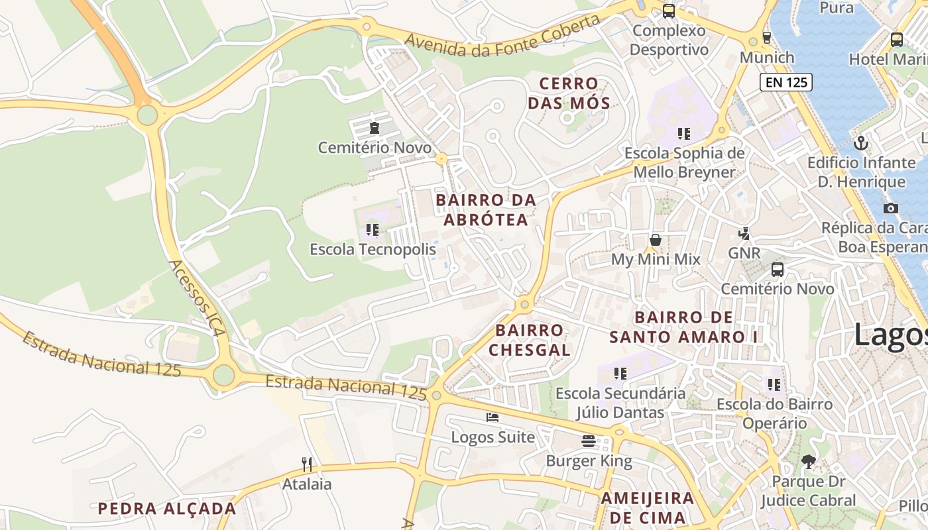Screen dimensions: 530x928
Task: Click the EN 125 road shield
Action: [x=785, y=82]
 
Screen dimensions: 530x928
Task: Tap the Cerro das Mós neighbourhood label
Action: [x=569, y=93]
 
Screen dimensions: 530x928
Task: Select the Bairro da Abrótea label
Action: [x=486, y=209]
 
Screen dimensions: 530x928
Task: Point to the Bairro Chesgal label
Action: [x=530, y=340]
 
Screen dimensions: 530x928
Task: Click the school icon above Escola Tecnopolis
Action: [x=373, y=230]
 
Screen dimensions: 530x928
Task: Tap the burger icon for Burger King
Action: [x=589, y=441]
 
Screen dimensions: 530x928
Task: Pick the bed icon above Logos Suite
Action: [x=493, y=417]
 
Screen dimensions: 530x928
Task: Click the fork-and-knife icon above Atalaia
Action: [x=307, y=464]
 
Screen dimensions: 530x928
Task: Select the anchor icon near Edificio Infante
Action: [x=861, y=142]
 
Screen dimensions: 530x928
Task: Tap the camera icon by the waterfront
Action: [x=891, y=208]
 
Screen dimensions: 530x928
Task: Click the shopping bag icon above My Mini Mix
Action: [x=656, y=240]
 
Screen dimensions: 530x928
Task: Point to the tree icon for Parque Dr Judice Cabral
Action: [x=808, y=461]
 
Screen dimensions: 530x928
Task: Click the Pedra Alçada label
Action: [x=166, y=509]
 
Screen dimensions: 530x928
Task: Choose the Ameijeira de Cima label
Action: [x=648, y=507]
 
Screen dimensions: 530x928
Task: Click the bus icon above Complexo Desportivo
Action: [x=669, y=11]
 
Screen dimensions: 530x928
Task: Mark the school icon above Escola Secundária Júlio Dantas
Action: [x=620, y=374]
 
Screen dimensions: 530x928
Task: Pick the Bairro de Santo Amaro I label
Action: [x=683, y=327]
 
